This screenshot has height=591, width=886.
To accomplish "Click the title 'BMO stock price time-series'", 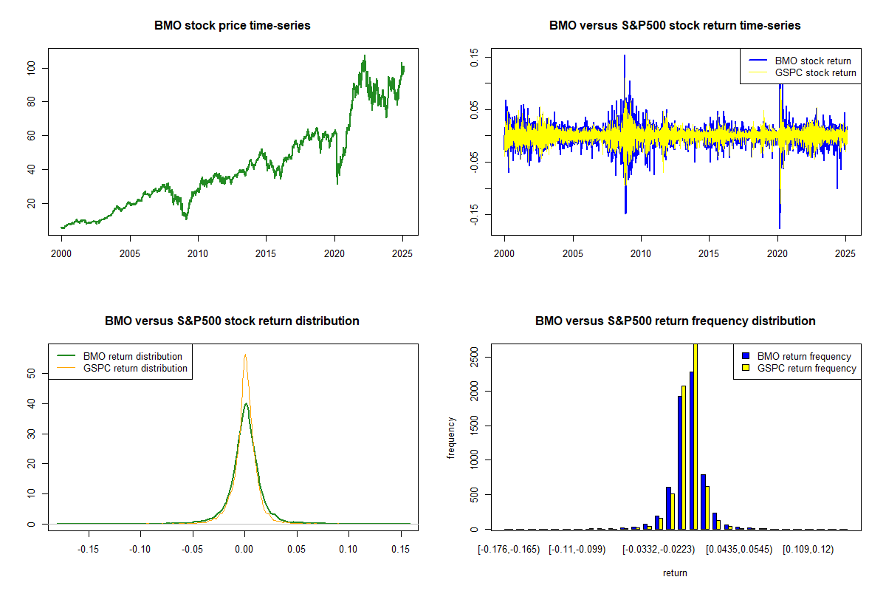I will tap(233, 25).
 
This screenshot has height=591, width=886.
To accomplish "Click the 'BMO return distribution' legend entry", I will tap(133, 356).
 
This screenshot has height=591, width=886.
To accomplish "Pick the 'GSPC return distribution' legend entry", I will tap(135, 368).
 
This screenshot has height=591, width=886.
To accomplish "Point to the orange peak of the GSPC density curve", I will tap(245, 355).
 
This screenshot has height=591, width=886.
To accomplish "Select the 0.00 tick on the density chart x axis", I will tap(244, 550).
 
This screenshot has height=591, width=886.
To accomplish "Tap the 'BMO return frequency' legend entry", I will tap(804, 356).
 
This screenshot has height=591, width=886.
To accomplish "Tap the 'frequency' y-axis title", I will tap(451, 437).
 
